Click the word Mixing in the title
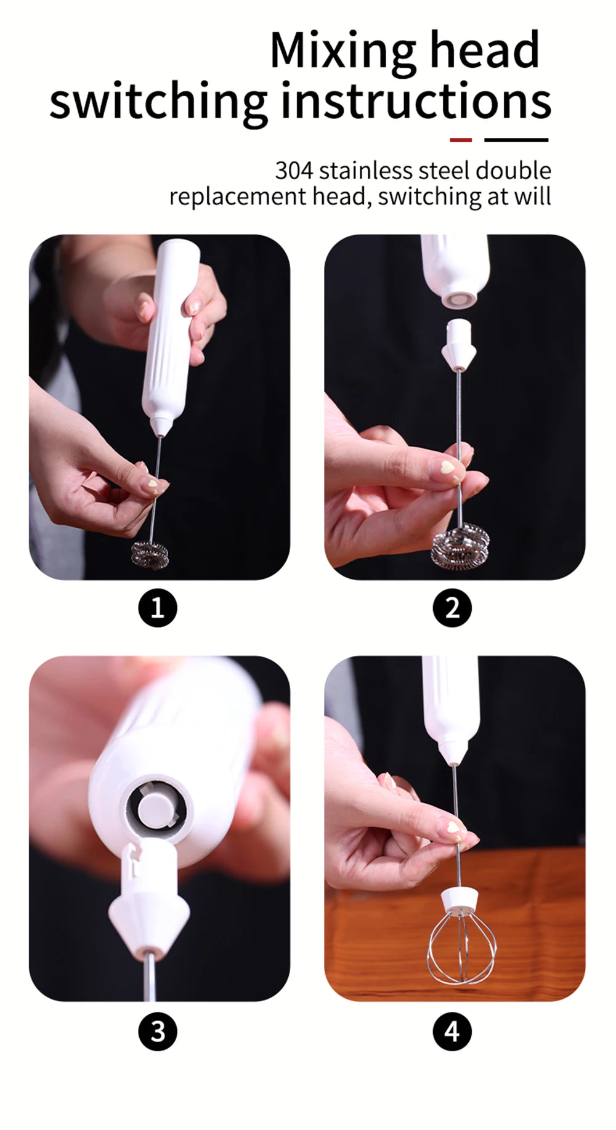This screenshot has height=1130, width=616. tap(344, 50)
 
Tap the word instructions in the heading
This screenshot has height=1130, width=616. tap(416, 101)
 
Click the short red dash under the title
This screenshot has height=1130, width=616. tap(460, 140)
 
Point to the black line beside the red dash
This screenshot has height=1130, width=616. tap(516, 140)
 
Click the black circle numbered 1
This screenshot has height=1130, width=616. tap(157, 608)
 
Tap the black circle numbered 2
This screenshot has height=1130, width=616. tap(452, 608)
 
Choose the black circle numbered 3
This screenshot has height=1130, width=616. tap(157, 1031)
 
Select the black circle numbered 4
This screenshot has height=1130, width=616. tap(452, 1031)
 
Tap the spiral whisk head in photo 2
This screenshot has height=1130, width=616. tap(462, 545)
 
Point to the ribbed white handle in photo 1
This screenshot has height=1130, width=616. tap(169, 333)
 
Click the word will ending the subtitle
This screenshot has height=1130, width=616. tap(533, 196)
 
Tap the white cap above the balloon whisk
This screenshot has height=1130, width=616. tap(461, 897)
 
